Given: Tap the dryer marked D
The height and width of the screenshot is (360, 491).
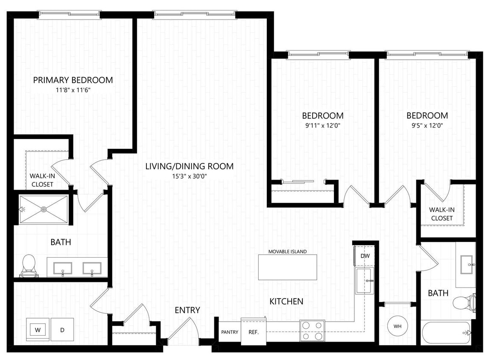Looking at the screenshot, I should point(62,330).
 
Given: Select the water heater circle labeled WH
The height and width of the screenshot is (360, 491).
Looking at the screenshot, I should point(397,326).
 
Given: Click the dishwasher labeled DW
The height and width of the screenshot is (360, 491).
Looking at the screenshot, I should point(365,256).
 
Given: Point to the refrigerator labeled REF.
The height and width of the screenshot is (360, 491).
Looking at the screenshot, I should point(251,332).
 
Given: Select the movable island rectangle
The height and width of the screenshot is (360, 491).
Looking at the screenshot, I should point(288,267).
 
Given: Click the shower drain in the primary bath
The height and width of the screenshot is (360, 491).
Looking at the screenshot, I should point(44,209).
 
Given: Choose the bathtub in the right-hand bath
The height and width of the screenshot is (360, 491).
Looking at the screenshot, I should point(445,332).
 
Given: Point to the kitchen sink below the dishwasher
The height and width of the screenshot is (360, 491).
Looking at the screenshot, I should point(365,281).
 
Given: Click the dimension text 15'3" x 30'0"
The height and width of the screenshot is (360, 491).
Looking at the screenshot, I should point(189,176).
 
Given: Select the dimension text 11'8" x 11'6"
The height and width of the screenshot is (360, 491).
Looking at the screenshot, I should point(73,90).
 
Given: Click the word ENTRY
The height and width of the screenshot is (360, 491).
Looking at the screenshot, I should point(187,310).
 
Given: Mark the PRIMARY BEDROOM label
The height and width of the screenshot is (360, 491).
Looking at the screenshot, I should point(73,80).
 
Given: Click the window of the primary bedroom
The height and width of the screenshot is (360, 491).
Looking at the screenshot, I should point(70,14).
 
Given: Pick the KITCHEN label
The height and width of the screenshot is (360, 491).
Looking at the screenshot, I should point(286,301).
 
